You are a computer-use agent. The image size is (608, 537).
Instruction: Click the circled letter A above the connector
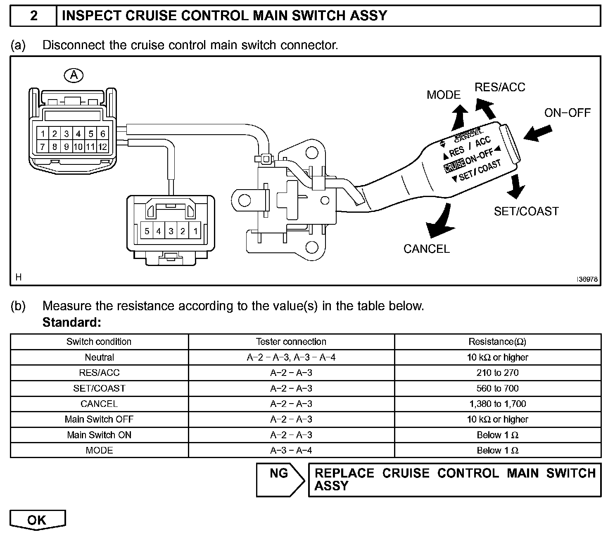(74, 75)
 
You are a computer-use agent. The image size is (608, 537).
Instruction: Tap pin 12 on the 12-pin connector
(102, 147)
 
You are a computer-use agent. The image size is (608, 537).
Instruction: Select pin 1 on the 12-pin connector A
(43, 134)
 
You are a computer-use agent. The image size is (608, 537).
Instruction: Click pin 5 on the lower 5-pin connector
(147, 231)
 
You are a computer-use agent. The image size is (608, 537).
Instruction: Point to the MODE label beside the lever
(443, 95)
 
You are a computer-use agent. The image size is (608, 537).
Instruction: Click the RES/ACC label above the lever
(500, 87)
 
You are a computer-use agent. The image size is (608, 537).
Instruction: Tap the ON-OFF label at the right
(567, 113)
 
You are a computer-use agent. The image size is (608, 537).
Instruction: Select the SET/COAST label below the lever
(526, 211)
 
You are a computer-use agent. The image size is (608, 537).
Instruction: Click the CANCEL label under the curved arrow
(426, 249)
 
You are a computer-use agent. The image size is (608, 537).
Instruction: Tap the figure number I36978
(587, 279)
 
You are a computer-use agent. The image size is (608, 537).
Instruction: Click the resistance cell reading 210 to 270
(497, 373)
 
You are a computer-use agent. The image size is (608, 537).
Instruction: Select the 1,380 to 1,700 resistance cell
(497, 404)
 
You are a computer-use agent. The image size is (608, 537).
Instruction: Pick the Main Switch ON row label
(99, 435)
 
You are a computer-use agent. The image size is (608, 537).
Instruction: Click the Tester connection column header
(291, 342)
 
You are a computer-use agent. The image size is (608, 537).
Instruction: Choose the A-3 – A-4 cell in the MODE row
(291, 450)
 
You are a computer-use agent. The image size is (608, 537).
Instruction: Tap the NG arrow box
(279, 479)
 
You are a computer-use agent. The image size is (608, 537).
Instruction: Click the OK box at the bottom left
(37, 520)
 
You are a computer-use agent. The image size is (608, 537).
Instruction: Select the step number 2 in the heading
(33, 16)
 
